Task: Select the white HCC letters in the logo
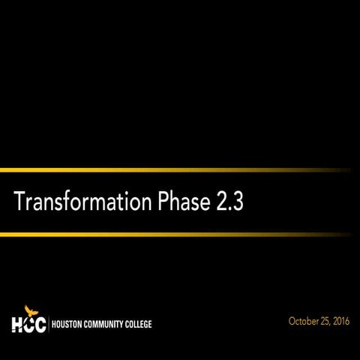[x=28, y=325]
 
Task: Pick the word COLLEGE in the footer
[x=138, y=325]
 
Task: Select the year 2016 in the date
[x=344, y=321]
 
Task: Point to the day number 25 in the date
[x=325, y=321]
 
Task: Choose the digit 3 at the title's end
[x=238, y=202]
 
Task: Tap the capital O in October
[x=292, y=321]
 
